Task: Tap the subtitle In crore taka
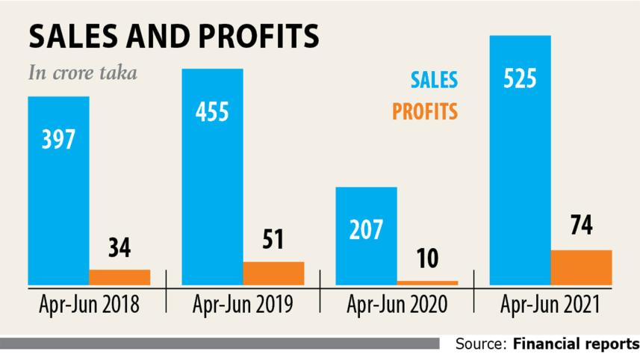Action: [82, 74]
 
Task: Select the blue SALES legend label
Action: [433, 80]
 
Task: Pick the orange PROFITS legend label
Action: [425, 112]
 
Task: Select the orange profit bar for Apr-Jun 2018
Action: [119, 276]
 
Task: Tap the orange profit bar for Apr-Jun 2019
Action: [273, 273]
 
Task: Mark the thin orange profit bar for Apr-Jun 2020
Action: [427, 282]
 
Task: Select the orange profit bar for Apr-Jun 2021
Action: [581, 267]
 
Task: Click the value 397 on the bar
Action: [59, 139]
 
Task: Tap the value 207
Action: [366, 229]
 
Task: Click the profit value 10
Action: [427, 259]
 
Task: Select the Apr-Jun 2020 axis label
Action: [397, 305]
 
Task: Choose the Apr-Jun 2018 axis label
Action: [89, 305]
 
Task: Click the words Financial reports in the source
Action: [576, 344]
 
